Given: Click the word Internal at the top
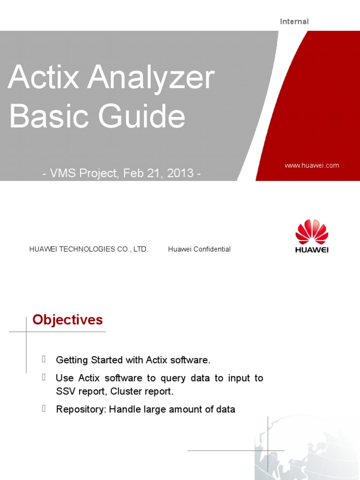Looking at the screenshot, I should click(294, 22).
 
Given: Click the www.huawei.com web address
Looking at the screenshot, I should click(312, 165).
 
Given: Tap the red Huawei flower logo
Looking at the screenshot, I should click(312, 232).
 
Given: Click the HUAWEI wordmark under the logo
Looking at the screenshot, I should click(312, 250).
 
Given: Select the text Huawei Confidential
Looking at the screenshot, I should click(199, 249).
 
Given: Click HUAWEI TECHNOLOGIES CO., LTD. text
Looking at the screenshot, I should click(89, 249).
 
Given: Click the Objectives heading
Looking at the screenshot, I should click(67, 320).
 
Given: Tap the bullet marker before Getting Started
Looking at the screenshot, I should click(44, 360).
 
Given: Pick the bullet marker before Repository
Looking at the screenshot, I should click(44, 409).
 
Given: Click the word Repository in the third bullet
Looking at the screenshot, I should click(80, 409).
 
